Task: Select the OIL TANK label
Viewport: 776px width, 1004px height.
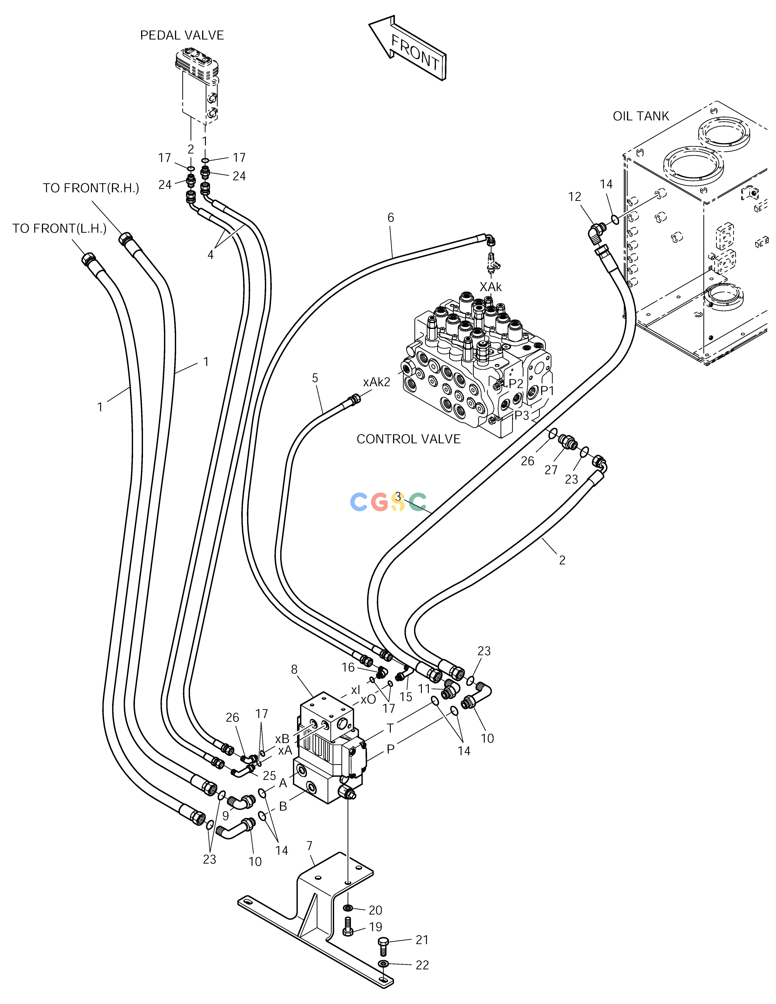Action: click(x=641, y=116)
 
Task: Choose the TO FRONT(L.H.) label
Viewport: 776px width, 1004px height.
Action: click(x=59, y=228)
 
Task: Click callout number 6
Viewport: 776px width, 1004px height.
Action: click(x=391, y=217)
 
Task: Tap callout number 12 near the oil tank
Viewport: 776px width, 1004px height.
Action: click(x=575, y=197)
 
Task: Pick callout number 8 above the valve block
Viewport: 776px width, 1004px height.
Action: click(x=294, y=670)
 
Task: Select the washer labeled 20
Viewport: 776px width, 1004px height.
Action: click(x=348, y=908)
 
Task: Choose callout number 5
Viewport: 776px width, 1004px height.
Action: click(x=315, y=378)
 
